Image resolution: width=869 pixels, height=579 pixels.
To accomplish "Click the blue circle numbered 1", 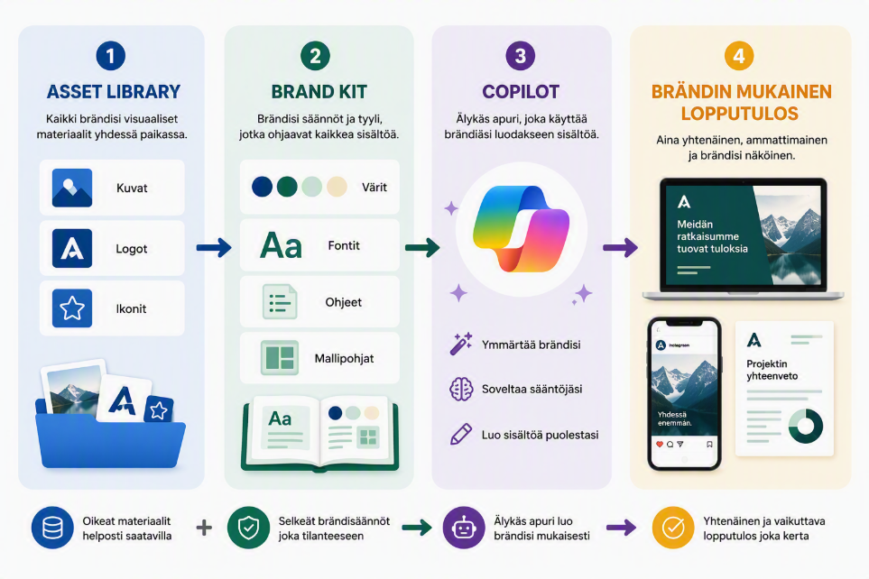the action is point(110,56).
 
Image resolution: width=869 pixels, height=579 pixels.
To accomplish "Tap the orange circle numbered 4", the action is point(739,56).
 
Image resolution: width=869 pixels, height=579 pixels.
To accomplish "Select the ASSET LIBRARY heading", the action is point(114,91).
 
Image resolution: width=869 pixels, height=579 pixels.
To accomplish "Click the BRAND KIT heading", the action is point(319,91).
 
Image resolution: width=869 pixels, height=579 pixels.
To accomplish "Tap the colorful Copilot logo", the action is point(521,228).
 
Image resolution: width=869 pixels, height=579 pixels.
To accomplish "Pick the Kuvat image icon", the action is point(72,188).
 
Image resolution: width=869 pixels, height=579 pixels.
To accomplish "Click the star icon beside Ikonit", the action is point(72,308).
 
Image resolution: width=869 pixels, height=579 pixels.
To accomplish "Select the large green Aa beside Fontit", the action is point(281,245).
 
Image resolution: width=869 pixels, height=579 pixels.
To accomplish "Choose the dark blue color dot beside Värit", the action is point(262,187).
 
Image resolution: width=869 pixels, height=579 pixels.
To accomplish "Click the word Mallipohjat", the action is point(344,358).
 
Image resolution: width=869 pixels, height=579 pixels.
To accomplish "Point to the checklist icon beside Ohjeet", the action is point(280,302).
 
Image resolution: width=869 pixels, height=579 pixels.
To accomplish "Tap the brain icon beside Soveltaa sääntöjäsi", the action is point(460,389).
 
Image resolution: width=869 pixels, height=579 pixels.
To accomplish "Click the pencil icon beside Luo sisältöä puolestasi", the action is point(460,435).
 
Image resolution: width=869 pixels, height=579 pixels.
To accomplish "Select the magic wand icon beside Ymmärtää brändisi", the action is point(460,344).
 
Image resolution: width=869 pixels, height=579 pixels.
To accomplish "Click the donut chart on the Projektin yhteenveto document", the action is point(805,426).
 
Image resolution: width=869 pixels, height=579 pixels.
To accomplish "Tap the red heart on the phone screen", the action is point(660,445).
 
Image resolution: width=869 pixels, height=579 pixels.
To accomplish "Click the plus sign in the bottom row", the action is point(204,528).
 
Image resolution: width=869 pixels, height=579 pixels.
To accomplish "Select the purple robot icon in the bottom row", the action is point(464,528).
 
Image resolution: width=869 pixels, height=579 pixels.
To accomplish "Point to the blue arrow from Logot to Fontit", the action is point(214,247).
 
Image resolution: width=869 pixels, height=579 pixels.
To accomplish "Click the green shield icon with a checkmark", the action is point(248,528).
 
